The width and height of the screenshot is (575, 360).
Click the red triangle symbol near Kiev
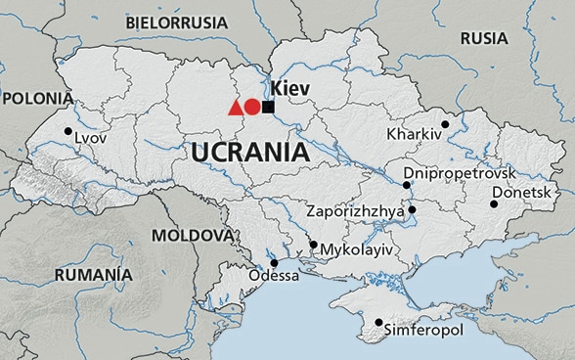pyautogui.click(x=235, y=109)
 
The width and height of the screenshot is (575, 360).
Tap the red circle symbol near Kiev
pyautogui.click(x=252, y=108)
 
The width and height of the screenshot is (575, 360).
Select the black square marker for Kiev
pyautogui.click(x=268, y=107)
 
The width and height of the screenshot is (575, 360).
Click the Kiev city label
pyautogui.click(x=290, y=89)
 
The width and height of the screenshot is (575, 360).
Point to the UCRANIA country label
pyautogui.click(x=249, y=153)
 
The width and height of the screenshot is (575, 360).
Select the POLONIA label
pyautogui.click(x=37, y=98)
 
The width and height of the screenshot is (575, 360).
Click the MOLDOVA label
pyautogui.click(x=193, y=236)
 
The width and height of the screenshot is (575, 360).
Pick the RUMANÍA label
pyautogui.click(x=93, y=276)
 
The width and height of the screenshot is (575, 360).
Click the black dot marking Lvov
pyautogui.click(x=67, y=131)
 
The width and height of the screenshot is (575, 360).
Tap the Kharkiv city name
pyautogui.click(x=415, y=133)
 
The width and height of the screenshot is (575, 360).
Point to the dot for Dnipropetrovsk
pyautogui.click(x=407, y=184)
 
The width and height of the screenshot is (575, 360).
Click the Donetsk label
pyautogui.click(x=522, y=192)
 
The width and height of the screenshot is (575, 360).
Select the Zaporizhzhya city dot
pyautogui.click(x=412, y=209)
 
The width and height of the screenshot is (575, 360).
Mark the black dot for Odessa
pyautogui.click(x=274, y=262)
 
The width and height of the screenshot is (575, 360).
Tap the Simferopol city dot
pyautogui.click(x=378, y=322)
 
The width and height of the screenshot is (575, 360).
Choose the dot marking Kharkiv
pyautogui.click(x=445, y=124)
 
